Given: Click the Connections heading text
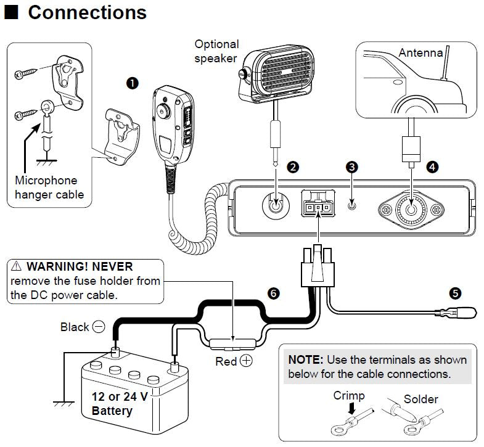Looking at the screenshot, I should point(87,13).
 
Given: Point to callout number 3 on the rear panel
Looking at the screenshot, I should point(351,166).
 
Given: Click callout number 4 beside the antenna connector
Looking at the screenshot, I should point(432,166).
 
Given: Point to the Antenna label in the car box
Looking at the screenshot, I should point(420,52).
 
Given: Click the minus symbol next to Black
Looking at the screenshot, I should point(99,327).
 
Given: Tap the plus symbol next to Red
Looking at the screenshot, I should point(246,361).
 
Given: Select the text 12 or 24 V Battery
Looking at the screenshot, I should point(119,403).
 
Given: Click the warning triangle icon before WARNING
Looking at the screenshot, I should point(16,267).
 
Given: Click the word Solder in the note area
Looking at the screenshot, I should point(420,399).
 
